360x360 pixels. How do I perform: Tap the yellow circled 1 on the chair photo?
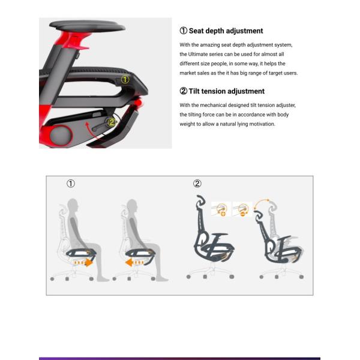pos(125,80)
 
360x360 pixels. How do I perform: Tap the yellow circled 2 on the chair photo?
pos(112,122)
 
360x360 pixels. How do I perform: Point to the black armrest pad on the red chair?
pos(87,26)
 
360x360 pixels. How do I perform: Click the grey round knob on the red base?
pos(61,136)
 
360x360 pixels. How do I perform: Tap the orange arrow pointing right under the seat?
pos(84,262)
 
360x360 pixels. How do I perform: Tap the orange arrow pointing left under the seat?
pos(134,262)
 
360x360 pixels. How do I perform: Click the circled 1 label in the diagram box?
pos(71,184)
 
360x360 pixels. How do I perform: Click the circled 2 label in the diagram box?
pos(197,184)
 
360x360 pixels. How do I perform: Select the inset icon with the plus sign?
pos(221,209)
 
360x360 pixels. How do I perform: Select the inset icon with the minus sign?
pos(242,209)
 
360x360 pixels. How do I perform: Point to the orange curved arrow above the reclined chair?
pos(261,203)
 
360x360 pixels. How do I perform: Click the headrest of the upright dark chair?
pos(200,200)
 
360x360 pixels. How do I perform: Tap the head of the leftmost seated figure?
pos(73,205)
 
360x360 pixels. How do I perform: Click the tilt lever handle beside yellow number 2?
pos(99,126)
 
